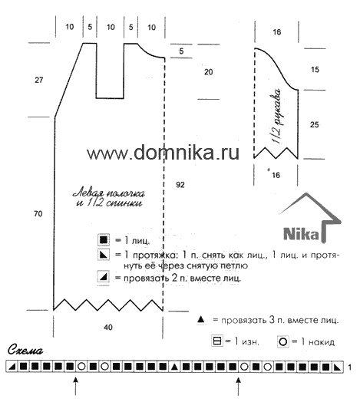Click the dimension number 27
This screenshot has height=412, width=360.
coord(38,80)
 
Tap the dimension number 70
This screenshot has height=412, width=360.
coord(38,214)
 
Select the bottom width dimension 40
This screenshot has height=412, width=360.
coord(108,328)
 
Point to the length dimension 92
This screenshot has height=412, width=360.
coord(180,185)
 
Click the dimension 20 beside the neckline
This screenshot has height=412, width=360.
coord(209,72)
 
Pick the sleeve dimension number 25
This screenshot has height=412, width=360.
coord(315,124)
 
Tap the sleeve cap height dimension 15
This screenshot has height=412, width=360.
coord(315,70)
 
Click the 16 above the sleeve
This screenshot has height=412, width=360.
coord(277,32)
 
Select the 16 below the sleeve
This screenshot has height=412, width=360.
coord(276,175)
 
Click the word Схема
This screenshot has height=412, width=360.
coord(25,350)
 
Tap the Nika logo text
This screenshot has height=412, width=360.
coord(302,233)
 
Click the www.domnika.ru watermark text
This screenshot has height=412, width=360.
coord(163,153)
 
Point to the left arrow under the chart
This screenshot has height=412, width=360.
coord(76,386)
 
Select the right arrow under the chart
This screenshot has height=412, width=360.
coord(239,386)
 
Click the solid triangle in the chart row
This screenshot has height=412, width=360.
coord(173,367)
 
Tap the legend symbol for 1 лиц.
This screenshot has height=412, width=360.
coord(104,240)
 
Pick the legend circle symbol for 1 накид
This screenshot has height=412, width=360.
coord(283,342)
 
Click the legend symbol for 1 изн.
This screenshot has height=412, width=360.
coord(217,341)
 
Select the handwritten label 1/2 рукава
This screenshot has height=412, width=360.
coord(277,116)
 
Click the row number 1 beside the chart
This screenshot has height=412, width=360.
coord(349,367)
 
